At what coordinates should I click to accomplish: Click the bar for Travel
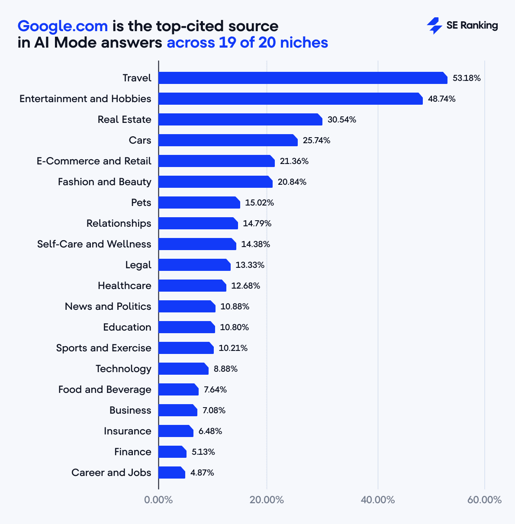(x=303, y=78)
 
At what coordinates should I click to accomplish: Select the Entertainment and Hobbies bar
(x=290, y=99)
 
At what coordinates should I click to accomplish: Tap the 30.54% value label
(x=341, y=119)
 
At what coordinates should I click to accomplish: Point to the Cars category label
(x=140, y=140)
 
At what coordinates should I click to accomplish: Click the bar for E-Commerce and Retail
(x=216, y=161)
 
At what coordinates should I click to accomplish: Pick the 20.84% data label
(x=292, y=182)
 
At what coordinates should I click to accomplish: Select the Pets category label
(x=141, y=203)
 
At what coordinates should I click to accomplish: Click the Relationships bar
(x=198, y=223)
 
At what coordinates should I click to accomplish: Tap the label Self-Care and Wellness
(x=94, y=244)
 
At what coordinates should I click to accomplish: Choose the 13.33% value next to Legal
(x=250, y=265)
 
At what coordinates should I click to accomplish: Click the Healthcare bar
(x=192, y=286)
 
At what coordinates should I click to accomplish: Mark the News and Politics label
(x=108, y=306)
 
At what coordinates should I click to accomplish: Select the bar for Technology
(x=183, y=369)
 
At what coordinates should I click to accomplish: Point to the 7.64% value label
(x=215, y=389)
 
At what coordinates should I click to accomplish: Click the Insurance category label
(x=127, y=431)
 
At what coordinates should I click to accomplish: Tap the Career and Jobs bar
(x=171, y=473)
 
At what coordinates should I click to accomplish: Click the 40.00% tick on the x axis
(x=377, y=500)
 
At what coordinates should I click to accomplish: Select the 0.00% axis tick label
(x=158, y=500)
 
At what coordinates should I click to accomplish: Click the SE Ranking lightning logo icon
(x=434, y=26)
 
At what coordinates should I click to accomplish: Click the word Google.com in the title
(x=62, y=26)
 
